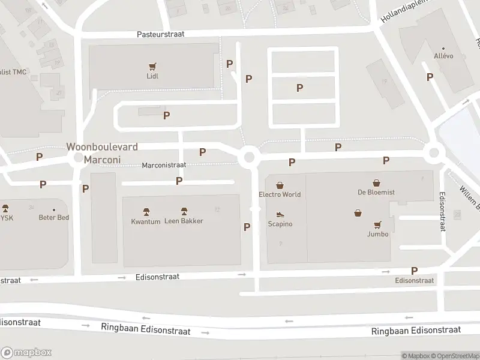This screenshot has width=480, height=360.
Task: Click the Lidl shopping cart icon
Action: pos(152,67)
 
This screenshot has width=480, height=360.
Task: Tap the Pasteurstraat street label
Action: pos(161,34)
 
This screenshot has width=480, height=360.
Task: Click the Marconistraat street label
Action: pos(164,165)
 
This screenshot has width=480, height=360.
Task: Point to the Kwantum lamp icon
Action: pos(146,212)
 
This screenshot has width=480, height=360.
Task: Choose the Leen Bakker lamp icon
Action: pos(184,211)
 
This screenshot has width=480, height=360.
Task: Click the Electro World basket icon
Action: pos(280,185)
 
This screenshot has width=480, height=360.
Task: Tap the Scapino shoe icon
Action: pos(280,214)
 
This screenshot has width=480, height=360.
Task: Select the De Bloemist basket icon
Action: pos(376,182)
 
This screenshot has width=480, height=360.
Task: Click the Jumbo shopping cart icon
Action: pos(377,224)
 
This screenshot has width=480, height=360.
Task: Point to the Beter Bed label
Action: pos(54,217)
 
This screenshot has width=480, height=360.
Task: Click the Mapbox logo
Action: pos(26,352)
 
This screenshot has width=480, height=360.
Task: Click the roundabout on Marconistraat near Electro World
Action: pos(249,157)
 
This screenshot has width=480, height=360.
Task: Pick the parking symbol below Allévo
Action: pos(430,77)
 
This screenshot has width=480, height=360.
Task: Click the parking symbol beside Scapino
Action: pos(247,227)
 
